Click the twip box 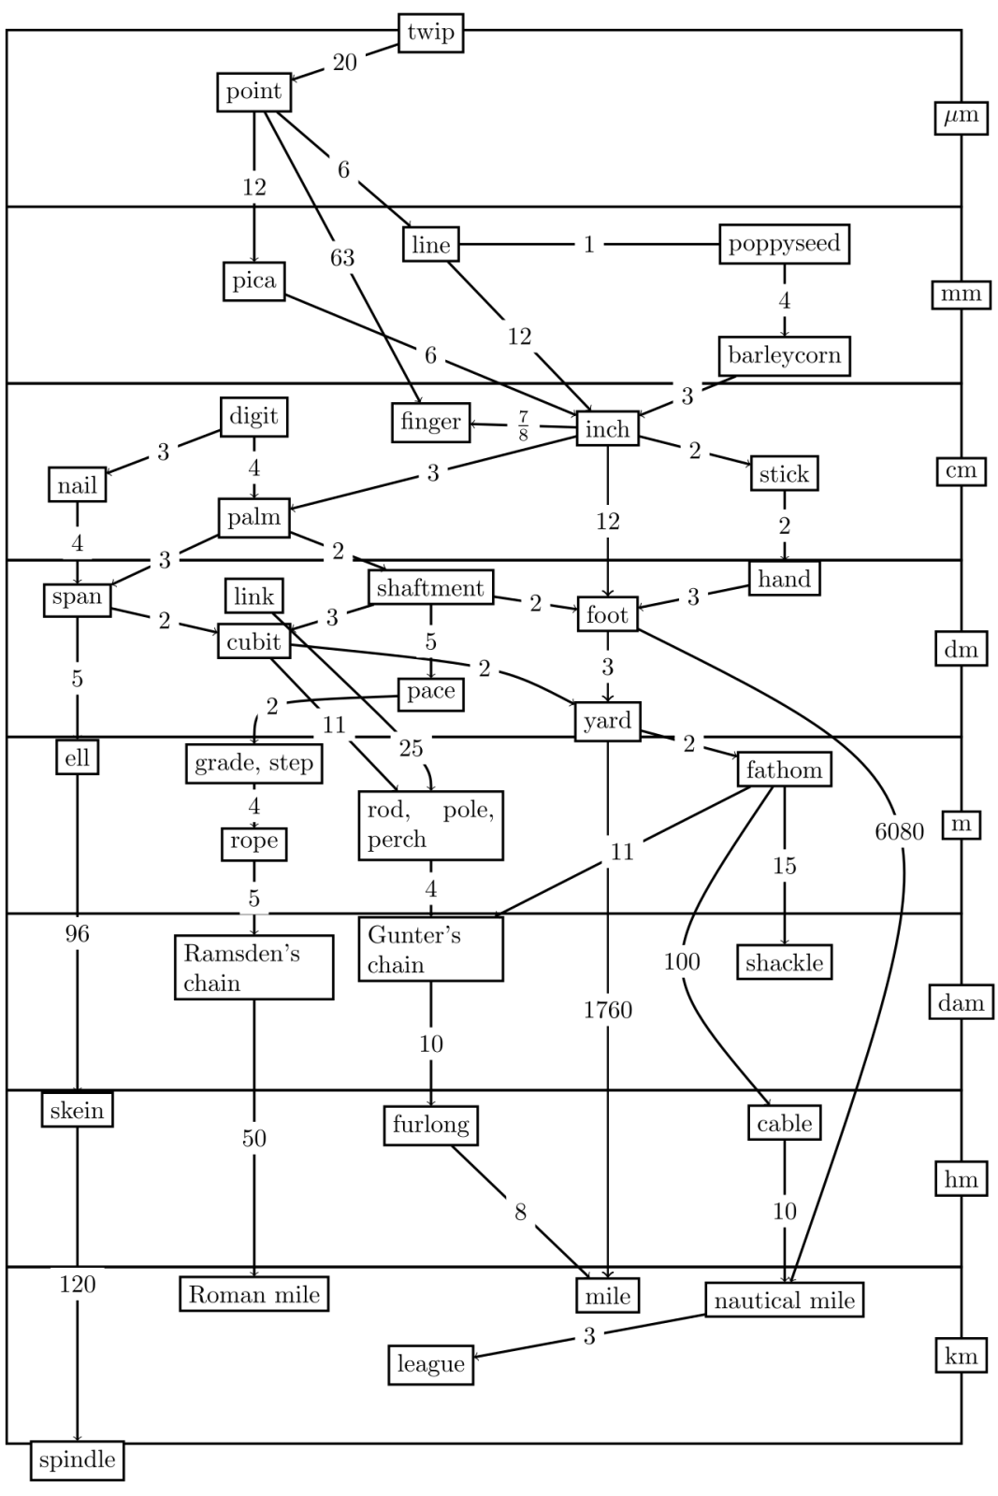click(x=430, y=33)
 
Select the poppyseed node click(x=784, y=244)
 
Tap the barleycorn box click(x=784, y=355)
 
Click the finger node click(x=430, y=422)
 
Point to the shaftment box click(x=430, y=588)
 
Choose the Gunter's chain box click(x=430, y=949)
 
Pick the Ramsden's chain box click(x=253, y=968)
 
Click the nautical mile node click(x=784, y=1301)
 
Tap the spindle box click(x=77, y=1460)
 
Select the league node click(x=430, y=1364)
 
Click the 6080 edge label click(x=899, y=831)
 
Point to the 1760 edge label click(x=608, y=1010)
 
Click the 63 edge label click(x=342, y=257)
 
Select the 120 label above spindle click(x=78, y=1284)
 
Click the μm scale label click(x=961, y=117)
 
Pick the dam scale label click(x=961, y=1003)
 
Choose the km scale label click(x=961, y=1357)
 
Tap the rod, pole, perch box click(x=430, y=825)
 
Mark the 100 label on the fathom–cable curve click(x=682, y=961)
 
